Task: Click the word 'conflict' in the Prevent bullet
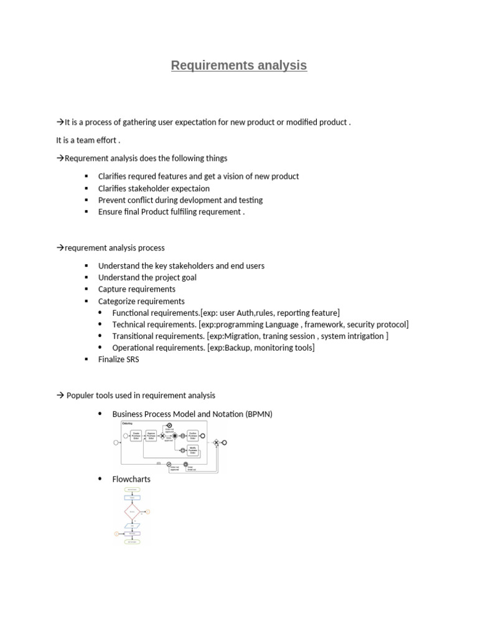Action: (144, 200)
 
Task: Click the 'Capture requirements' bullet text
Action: (137, 289)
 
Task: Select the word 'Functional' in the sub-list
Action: (131, 313)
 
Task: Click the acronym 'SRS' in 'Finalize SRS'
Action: (131, 360)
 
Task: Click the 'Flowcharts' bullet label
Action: (131, 479)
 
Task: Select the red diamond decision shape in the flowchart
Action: (132, 512)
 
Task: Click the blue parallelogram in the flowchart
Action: (133, 526)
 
